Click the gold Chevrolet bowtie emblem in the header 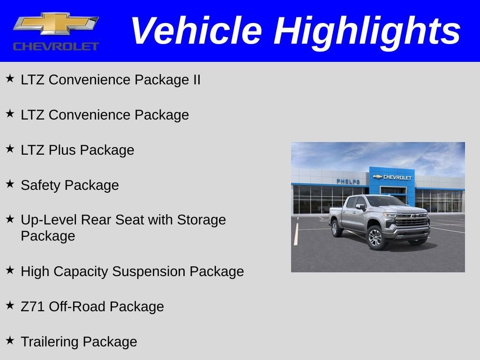56,24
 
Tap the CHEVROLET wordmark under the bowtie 56,46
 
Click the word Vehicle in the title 195,31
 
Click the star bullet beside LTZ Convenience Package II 10,78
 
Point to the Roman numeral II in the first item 196,80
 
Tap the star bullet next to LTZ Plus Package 10,149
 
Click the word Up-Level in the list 49,220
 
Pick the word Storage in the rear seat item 201,220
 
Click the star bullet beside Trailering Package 10,340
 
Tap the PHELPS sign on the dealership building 348,181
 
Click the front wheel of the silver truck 376,237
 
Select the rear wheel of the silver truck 336,228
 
